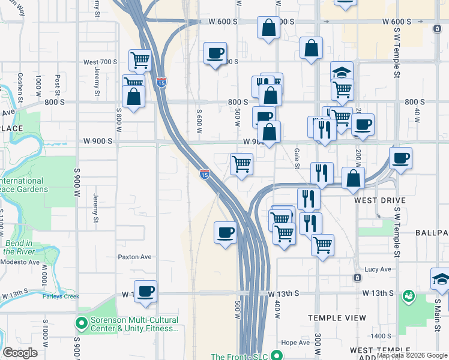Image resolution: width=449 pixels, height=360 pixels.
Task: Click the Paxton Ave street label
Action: pos(134,257)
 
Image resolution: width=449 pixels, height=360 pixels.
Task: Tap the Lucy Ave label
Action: pos(378,269)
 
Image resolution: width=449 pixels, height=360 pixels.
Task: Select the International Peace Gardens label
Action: pos(23,185)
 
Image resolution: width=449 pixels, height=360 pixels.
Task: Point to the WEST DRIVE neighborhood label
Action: pos(379,200)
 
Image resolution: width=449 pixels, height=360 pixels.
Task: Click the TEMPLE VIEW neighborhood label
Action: pos(337,318)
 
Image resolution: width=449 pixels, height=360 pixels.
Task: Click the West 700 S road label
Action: pos(100,62)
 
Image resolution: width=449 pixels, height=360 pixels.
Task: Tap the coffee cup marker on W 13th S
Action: pos(145,292)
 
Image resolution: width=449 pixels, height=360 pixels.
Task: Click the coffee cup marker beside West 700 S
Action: pos(215,53)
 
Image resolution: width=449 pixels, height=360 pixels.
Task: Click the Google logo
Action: pos(20,353)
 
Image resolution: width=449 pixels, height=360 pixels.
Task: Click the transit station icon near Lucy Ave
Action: pos(357,278)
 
